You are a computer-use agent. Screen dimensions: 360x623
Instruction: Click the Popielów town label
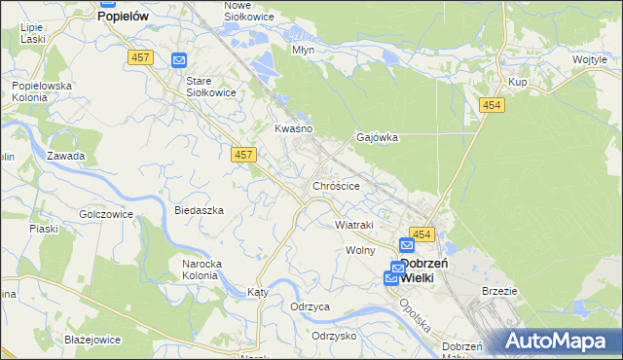pyautogui.click(x=128, y=17)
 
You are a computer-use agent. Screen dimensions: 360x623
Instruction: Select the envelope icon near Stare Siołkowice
pyautogui.click(x=179, y=60)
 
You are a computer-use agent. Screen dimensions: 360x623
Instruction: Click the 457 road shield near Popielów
pyautogui.click(x=139, y=59)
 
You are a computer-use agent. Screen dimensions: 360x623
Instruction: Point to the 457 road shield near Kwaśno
pyautogui.click(x=243, y=155)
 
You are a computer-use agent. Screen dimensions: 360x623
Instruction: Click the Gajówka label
pyautogui.click(x=378, y=137)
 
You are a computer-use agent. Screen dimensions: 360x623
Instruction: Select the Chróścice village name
pyautogui.click(x=337, y=185)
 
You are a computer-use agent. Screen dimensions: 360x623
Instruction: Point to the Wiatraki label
pyautogui.click(x=354, y=225)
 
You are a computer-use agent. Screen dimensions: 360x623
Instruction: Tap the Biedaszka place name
pyautogui.click(x=199, y=210)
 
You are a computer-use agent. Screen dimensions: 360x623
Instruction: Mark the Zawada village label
pyautogui.click(x=66, y=156)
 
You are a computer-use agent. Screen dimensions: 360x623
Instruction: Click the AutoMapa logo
pyautogui.click(x=558, y=341)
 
